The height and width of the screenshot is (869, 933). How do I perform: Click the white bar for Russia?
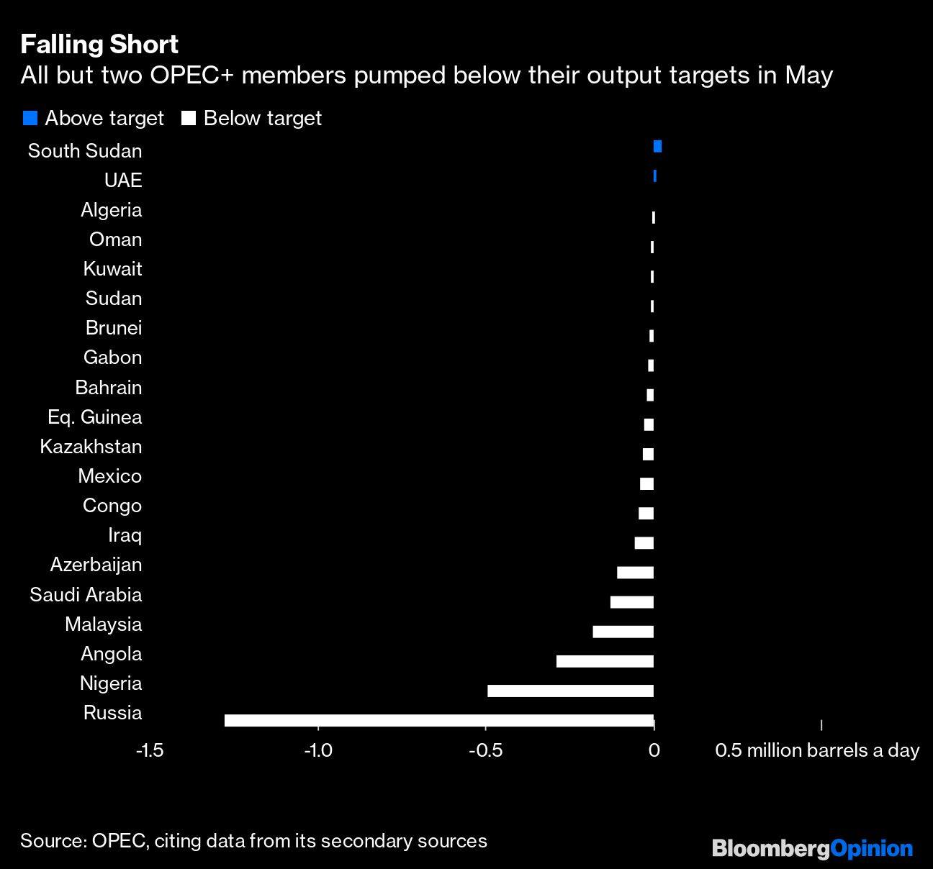[438, 721]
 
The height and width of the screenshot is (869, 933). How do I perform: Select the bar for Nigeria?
[570, 691]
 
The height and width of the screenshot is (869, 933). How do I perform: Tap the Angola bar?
[605, 661]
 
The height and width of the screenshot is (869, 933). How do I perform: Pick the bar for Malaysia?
[623, 632]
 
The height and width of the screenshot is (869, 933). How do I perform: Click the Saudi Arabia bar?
[631, 602]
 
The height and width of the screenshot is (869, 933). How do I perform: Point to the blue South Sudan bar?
[657, 147]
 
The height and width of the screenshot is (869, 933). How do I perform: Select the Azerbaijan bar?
[635, 573]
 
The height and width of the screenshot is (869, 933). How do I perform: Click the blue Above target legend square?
[30, 119]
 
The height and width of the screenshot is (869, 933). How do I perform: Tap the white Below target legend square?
[189, 119]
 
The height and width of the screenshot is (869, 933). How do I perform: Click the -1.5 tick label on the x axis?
[149, 751]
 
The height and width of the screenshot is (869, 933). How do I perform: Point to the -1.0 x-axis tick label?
[317, 751]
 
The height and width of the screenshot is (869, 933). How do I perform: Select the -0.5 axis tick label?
[485, 751]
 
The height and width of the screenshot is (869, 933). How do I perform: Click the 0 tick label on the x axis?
[654, 751]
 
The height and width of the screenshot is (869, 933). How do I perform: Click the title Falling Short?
[99, 45]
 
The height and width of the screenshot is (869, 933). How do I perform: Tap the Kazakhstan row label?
[91, 447]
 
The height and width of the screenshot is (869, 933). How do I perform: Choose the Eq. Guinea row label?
[94, 417]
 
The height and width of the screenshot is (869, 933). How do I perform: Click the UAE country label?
[123, 181]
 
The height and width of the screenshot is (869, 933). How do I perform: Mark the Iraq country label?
[125, 535]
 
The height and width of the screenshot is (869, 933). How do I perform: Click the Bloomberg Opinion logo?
[812, 849]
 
